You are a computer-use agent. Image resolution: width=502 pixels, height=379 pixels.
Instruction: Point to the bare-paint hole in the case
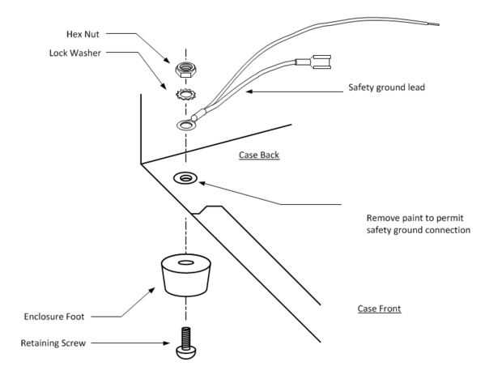(185, 177)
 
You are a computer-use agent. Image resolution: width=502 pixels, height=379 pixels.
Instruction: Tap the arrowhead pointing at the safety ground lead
(250, 92)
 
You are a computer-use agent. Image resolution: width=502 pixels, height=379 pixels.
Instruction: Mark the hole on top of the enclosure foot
(185, 264)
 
